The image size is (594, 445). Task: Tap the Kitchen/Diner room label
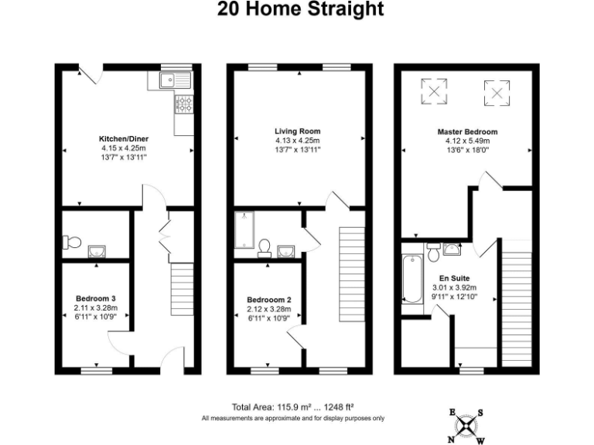click(x=123, y=139)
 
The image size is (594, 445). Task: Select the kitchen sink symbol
click(x=169, y=79)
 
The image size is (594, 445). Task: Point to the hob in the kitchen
click(x=185, y=104)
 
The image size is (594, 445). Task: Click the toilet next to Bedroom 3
click(x=71, y=242)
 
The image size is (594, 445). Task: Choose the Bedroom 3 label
click(x=97, y=298)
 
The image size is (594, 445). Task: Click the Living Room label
click(x=297, y=131)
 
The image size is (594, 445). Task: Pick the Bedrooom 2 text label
click(x=268, y=300)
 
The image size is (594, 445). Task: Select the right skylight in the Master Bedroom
click(x=498, y=93)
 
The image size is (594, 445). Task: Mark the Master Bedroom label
click(x=467, y=132)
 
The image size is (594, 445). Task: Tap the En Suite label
click(x=455, y=277)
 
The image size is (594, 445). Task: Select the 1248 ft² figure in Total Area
click(x=339, y=407)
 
